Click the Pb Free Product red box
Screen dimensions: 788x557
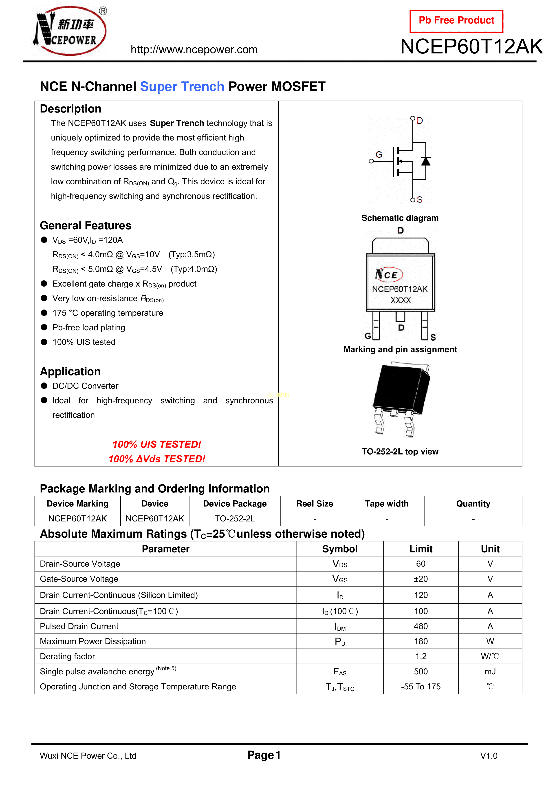[x=456, y=21]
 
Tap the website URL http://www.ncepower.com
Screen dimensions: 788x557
[x=194, y=50]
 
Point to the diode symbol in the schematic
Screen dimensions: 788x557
[x=426, y=161]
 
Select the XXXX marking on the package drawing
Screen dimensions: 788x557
[x=401, y=300]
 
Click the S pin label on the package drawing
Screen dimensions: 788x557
[x=433, y=337]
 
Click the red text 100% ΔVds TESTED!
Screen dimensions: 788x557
[x=157, y=459]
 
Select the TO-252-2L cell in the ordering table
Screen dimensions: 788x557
[x=235, y=519]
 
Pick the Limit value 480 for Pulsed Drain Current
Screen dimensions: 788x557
[x=421, y=626]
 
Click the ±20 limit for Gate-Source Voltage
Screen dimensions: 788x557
[x=421, y=579]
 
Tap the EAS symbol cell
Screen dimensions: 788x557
[x=340, y=672]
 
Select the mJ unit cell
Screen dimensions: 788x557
[x=490, y=672]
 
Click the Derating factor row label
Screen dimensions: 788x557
[x=67, y=657]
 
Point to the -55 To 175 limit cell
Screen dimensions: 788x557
[x=421, y=686]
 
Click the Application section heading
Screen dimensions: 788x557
[x=70, y=371]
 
